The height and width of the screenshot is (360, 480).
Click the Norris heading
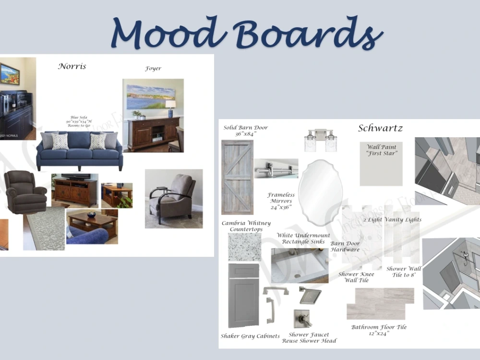(x=72, y=66)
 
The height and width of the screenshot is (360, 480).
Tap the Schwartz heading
(x=380, y=128)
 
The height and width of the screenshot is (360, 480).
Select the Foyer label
(x=153, y=69)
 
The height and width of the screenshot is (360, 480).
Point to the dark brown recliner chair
(x=24, y=192)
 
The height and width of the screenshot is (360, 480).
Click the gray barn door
(x=237, y=177)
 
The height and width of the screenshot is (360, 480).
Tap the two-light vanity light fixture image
(x=320, y=140)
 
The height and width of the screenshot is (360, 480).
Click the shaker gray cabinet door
(x=243, y=295)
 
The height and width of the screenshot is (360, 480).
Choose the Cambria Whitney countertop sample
(x=244, y=247)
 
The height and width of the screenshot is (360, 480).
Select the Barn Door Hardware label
(x=345, y=246)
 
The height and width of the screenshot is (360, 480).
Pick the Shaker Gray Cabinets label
(x=250, y=336)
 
